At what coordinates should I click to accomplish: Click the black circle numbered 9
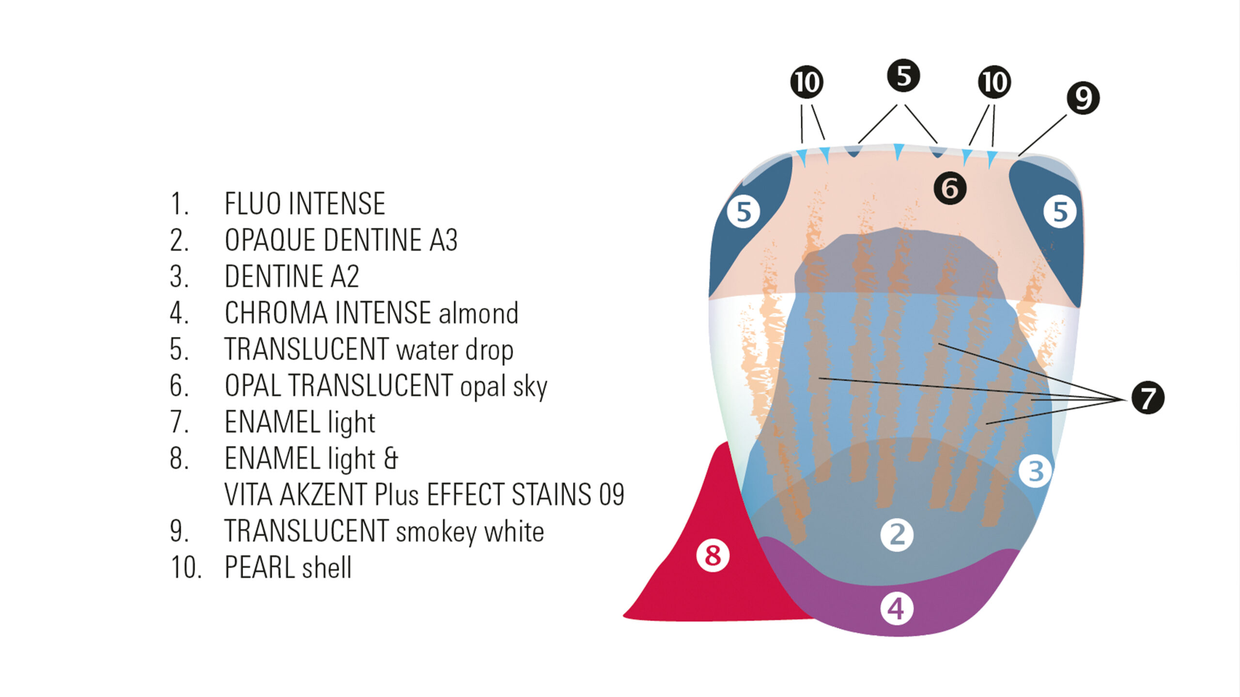[x=1083, y=98]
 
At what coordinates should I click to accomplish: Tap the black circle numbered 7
[x=1148, y=397]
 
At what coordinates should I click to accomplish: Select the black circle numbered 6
[x=950, y=188]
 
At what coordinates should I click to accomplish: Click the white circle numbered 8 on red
[x=713, y=555]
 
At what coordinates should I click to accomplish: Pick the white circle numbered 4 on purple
[x=897, y=608]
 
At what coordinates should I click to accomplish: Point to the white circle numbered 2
[x=897, y=535]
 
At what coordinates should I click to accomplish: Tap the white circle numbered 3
[x=1035, y=471]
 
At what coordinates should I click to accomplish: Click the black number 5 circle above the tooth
[x=903, y=76]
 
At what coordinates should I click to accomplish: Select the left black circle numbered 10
[x=806, y=82]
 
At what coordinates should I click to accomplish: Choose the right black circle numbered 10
[x=994, y=82]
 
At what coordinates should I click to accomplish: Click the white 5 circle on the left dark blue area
[x=744, y=212]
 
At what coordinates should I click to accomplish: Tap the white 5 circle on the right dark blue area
[x=1060, y=212]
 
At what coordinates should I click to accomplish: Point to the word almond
[x=479, y=313]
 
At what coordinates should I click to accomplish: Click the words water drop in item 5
[x=455, y=350]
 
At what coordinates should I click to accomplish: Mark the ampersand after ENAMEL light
[x=390, y=458]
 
